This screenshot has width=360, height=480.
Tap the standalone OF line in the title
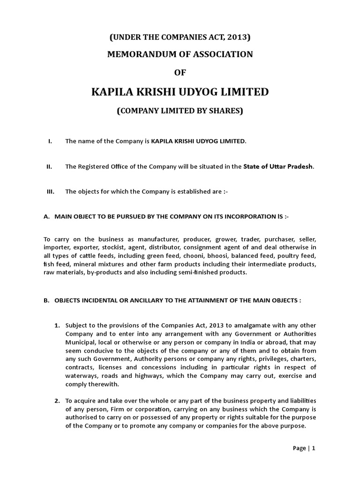click(x=180, y=72)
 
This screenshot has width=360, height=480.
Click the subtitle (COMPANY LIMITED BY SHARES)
click(x=180, y=111)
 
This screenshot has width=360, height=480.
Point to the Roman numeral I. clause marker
click(x=50, y=141)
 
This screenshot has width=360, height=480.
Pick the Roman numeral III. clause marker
click(x=50, y=191)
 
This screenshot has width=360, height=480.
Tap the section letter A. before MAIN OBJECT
click(x=46, y=217)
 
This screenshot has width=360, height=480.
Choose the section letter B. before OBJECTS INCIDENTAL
click(x=46, y=300)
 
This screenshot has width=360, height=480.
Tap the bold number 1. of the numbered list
click(x=57, y=325)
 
